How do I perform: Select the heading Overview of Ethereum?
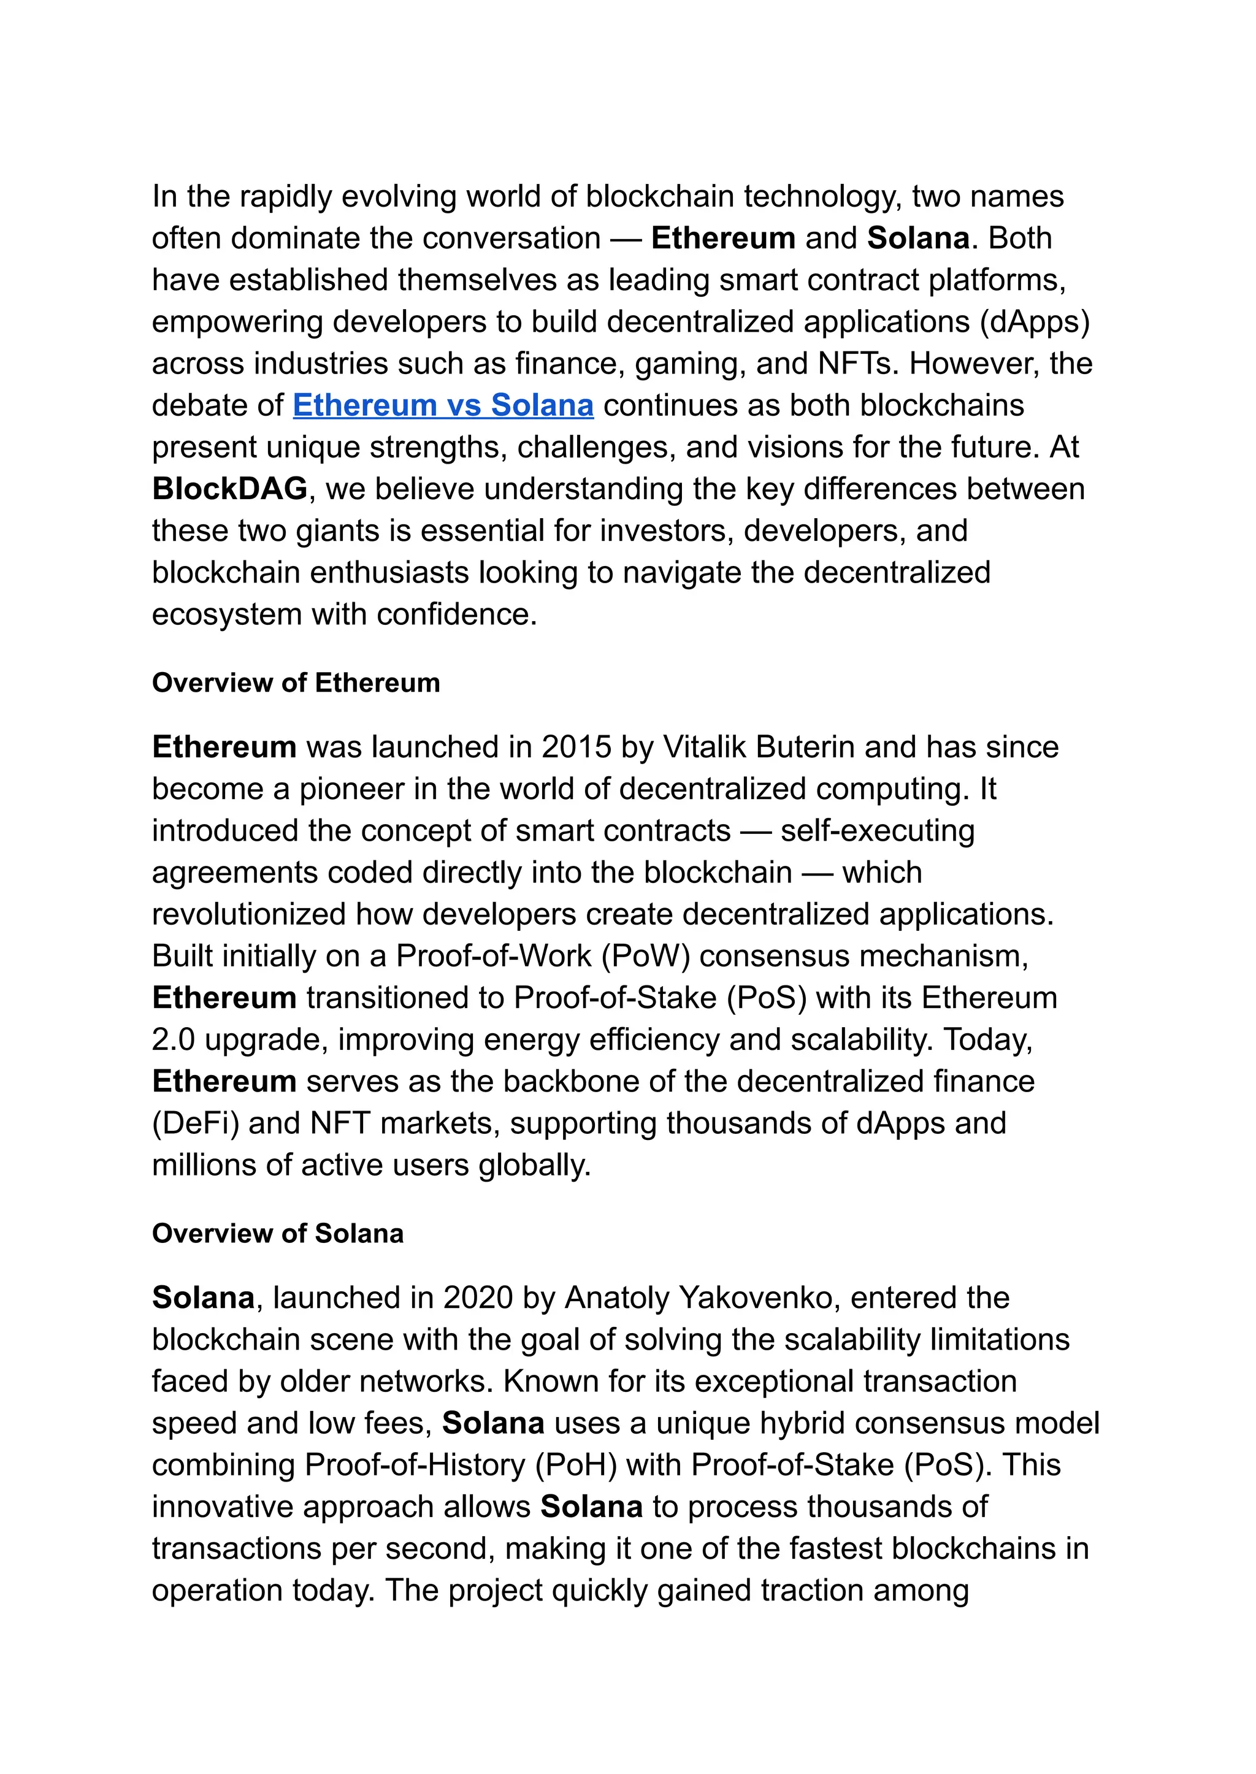[x=296, y=683]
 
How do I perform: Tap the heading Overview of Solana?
[x=278, y=1233]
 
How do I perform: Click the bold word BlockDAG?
[x=230, y=489]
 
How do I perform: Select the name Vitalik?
[x=705, y=747]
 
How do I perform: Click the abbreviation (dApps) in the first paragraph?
[x=1034, y=322]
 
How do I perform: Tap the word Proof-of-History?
[x=415, y=1465]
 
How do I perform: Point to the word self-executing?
[x=877, y=830]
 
